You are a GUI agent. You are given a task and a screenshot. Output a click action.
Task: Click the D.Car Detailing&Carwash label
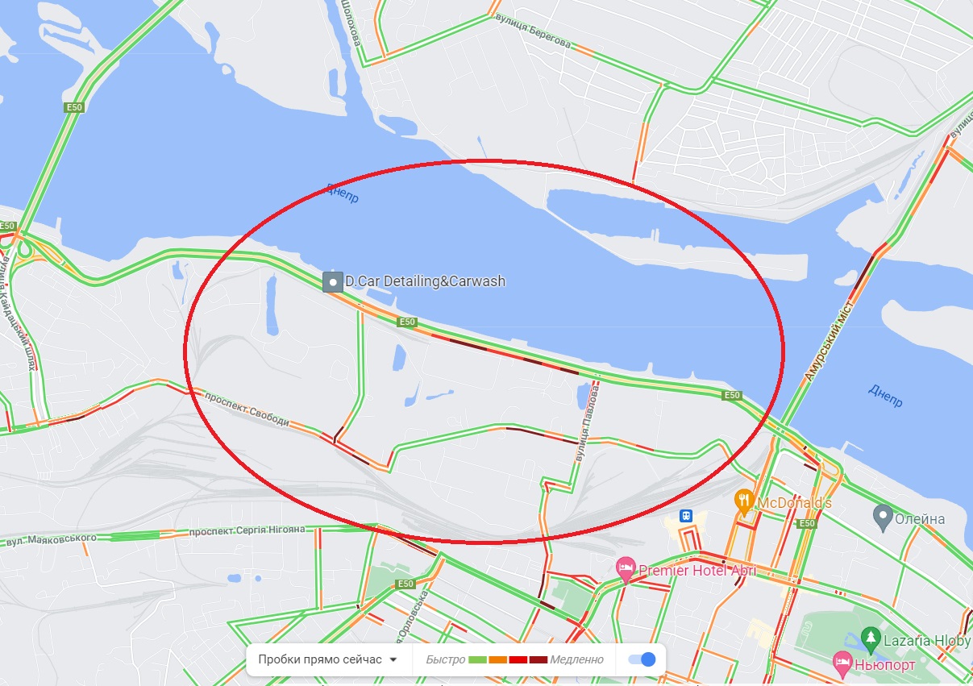pyautogui.click(x=425, y=281)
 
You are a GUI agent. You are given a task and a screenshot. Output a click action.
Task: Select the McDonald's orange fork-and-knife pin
pyautogui.click(x=744, y=501)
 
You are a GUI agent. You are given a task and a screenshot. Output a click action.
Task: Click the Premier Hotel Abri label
pyautogui.click(x=697, y=571)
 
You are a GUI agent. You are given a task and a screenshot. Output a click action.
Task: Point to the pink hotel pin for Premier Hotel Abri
pyautogui.click(x=625, y=568)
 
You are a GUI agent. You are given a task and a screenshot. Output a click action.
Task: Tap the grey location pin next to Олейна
pyautogui.click(x=883, y=514)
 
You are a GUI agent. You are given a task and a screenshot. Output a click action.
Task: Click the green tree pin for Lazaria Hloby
pyautogui.click(x=869, y=638)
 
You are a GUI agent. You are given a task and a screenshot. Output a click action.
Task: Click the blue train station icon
pyautogui.click(x=685, y=515)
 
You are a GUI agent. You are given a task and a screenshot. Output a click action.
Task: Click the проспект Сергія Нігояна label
pyautogui.click(x=247, y=531)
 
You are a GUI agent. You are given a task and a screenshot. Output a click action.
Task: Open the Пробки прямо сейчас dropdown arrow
pyautogui.click(x=393, y=659)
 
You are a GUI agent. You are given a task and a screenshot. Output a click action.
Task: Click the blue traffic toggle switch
pyautogui.click(x=642, y=659)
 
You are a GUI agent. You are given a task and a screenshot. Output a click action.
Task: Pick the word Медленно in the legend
pyautogui.click(x=577, y=659)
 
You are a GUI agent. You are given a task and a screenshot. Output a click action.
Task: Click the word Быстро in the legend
pyautogui.click(x=445, y=659)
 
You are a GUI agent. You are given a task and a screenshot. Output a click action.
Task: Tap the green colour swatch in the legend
pyautogui.click(x=477, y=659)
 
